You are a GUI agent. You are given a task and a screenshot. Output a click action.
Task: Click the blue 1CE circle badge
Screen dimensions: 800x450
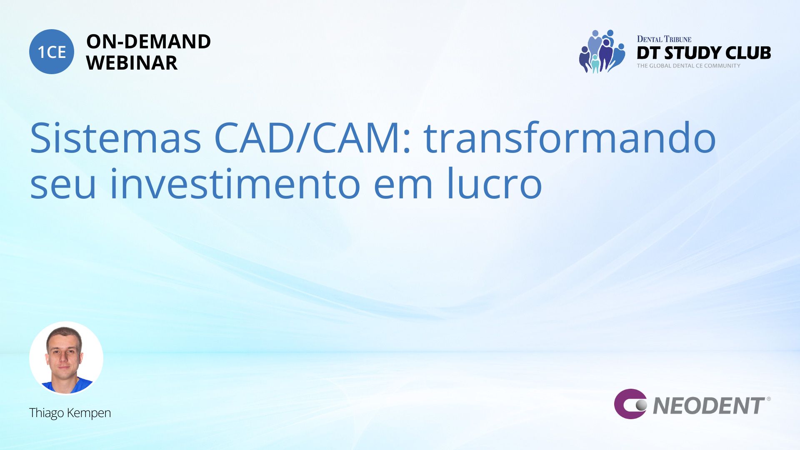coord(52,52)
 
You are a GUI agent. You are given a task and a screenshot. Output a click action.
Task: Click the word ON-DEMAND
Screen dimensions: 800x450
coord(148,42)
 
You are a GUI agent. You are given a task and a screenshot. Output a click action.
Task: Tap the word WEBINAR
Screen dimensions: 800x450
coord(132,63)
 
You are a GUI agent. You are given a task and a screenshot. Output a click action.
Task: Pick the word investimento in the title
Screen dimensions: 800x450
coord(235,183)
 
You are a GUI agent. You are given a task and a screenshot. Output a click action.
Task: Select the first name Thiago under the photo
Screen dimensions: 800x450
coord(47,413)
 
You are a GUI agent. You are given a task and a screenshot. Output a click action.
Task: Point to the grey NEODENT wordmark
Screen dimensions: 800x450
coord(709,406)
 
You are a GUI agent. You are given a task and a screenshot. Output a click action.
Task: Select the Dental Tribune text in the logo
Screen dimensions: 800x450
coord(664,39)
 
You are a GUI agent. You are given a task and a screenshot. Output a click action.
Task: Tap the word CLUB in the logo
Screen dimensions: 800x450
coord(748,53)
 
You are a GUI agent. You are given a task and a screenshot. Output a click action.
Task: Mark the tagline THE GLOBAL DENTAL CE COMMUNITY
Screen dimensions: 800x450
coord(688,66)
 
